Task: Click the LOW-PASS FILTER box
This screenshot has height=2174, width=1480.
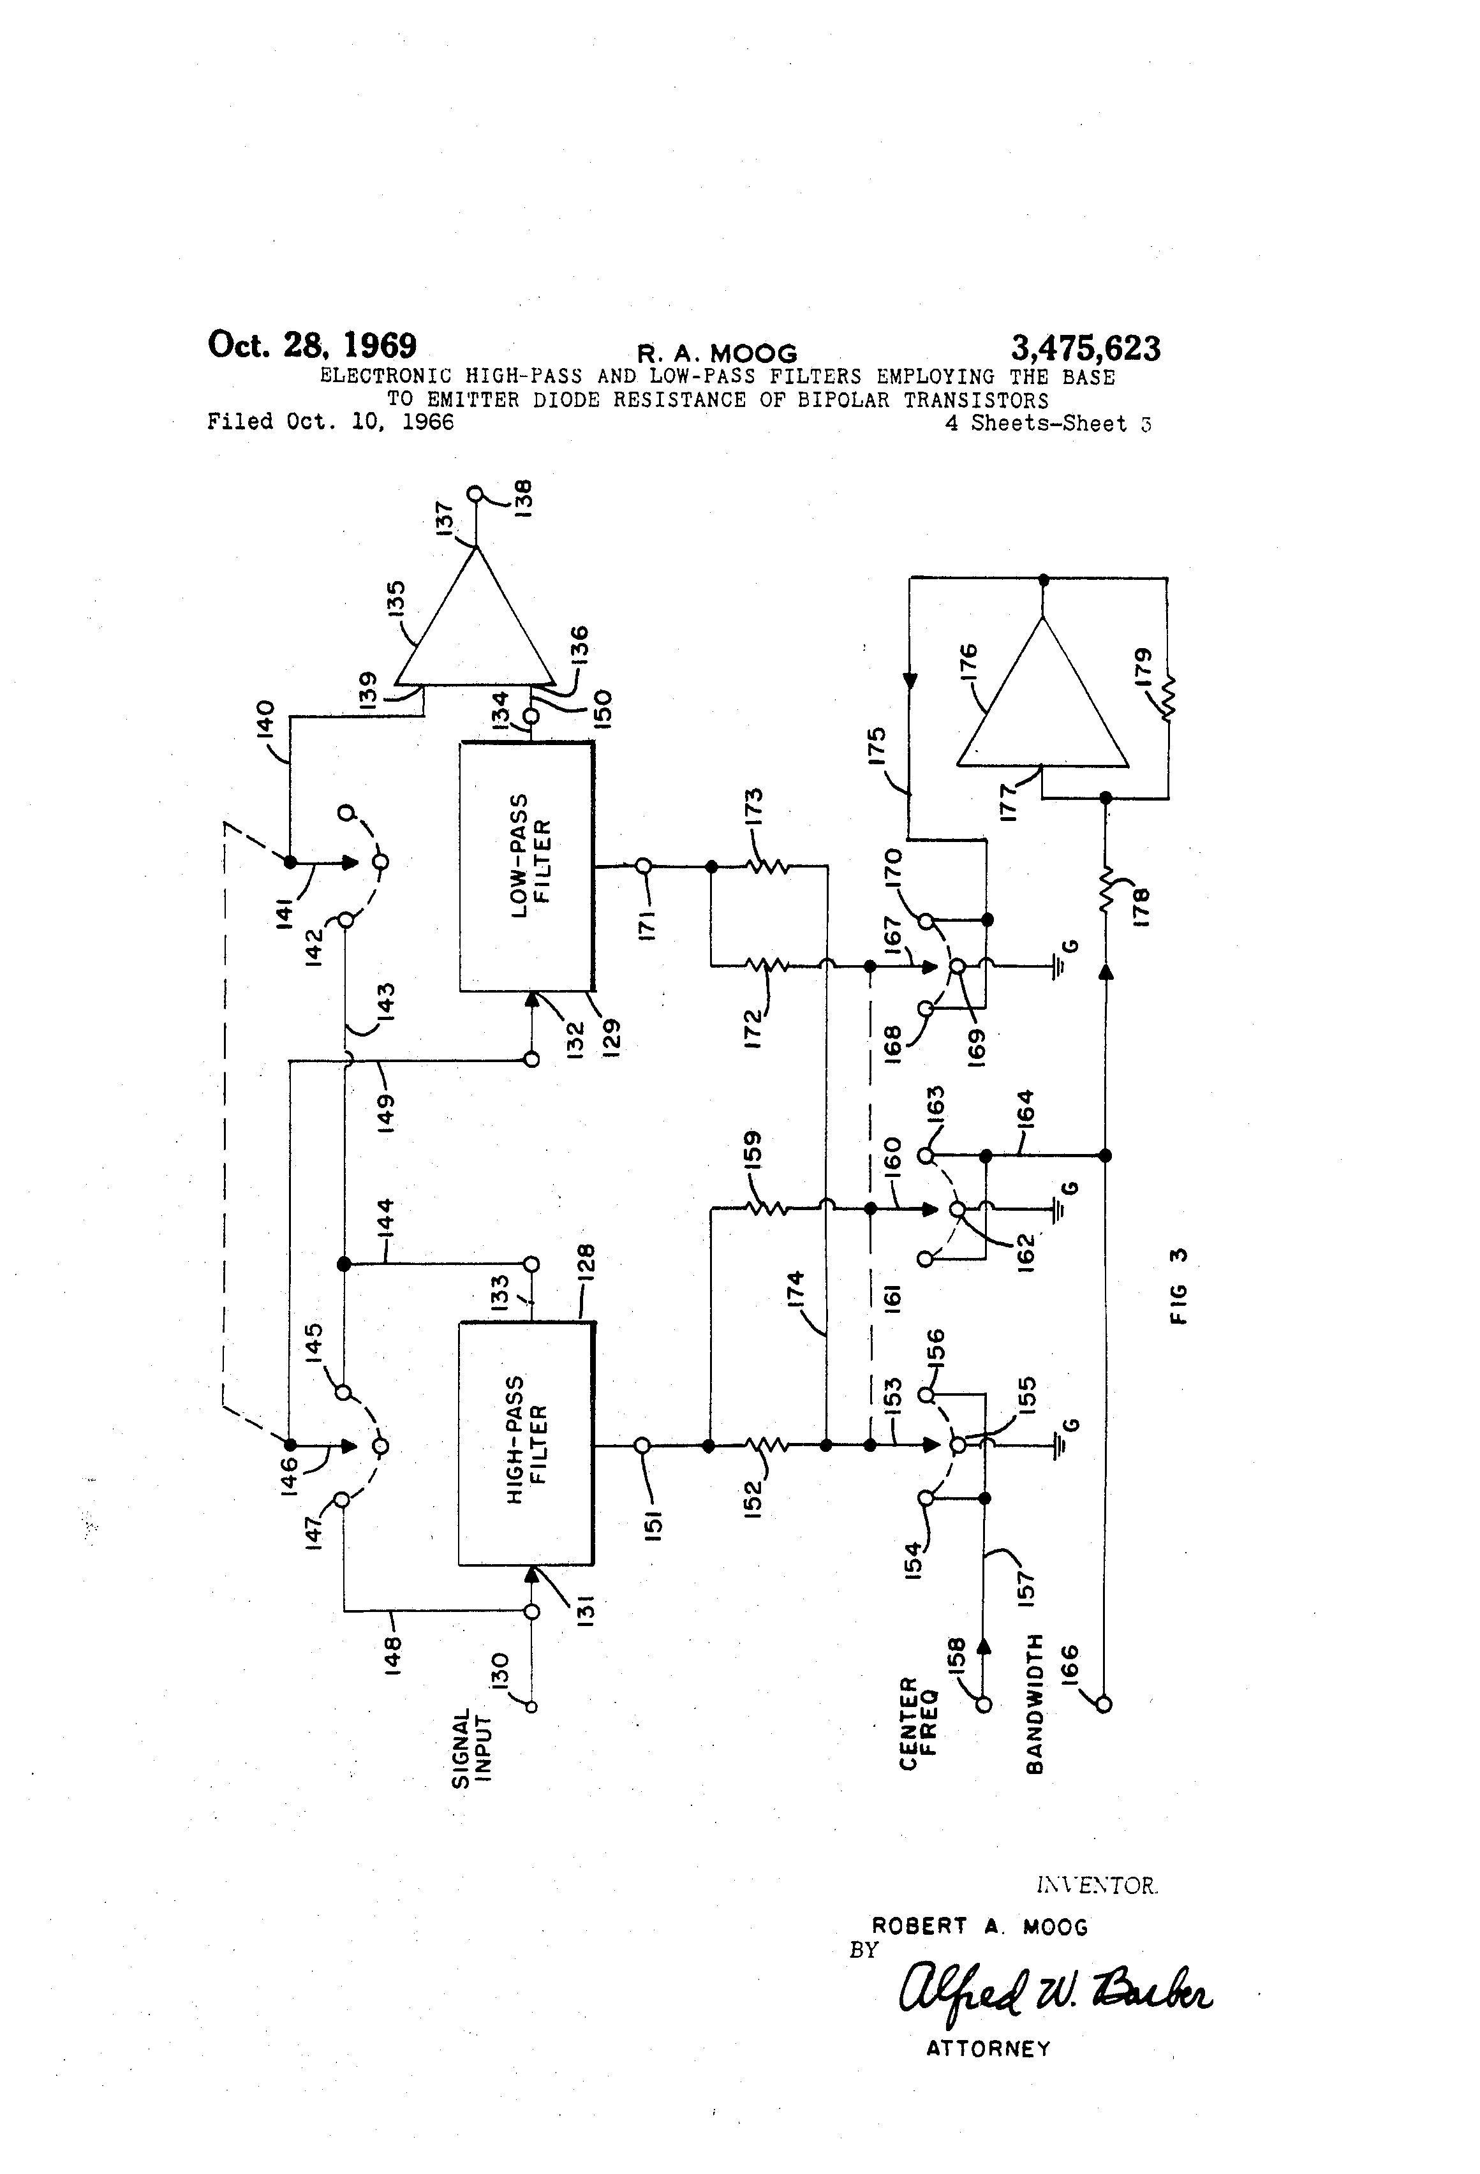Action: [526, 867]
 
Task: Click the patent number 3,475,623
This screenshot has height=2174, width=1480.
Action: [1085, 348]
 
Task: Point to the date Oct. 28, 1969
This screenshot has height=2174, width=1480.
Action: [311, 345]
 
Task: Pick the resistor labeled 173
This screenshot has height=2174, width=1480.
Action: [768, 867]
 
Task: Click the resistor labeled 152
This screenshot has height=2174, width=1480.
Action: [767, 1446]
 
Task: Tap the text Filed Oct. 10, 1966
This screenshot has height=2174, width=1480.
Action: [330, 422]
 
